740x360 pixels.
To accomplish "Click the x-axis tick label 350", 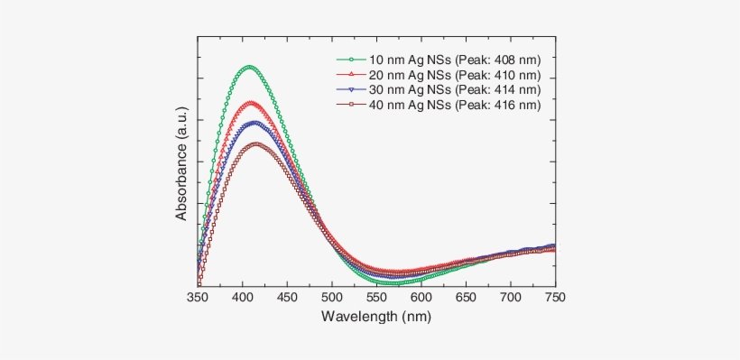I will tap(198, 297).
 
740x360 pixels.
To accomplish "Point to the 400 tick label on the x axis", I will tap(242, 297).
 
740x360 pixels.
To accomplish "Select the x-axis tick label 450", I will tap(287, 297).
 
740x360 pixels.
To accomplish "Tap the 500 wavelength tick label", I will tap(331, 297).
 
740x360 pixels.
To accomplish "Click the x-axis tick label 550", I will tap(376, 297).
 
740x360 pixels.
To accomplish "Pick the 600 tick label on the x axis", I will tap(421, 297).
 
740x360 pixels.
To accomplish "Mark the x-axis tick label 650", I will tap(466, 297).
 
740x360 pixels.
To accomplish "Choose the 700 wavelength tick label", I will tap(510, 297).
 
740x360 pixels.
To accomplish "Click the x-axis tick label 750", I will tap(554, 297).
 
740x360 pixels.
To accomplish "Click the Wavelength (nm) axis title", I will tap(376, 317).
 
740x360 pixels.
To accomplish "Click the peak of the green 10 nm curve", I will tap(249, 66).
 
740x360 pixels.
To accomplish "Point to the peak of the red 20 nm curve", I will tap(251, 102).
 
